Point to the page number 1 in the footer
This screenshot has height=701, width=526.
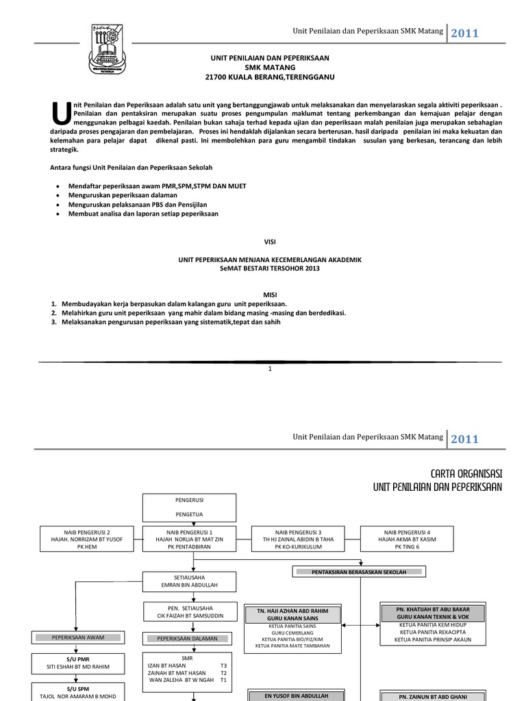click(271, 369)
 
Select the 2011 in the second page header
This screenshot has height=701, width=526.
click(465, 439)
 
